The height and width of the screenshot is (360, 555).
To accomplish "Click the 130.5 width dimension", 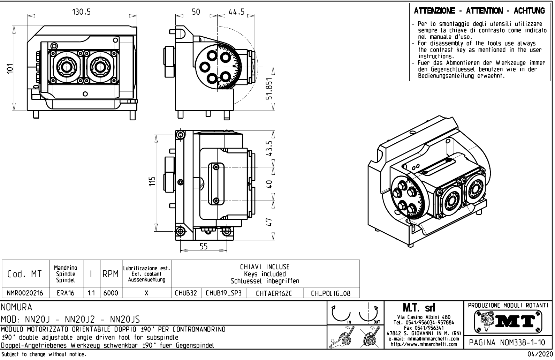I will [x=82, y=12].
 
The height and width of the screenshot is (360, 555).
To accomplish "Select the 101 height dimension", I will [x=12, y=68].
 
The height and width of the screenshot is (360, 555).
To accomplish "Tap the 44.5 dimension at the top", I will [x=236, y=12].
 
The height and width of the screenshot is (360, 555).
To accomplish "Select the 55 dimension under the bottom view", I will [x=204, y=246].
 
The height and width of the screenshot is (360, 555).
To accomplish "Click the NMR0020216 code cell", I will [x=25, y=293].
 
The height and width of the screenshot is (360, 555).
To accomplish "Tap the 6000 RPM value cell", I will [x=111, y=293].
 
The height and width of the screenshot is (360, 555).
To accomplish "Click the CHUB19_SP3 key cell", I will [x=223, y=293].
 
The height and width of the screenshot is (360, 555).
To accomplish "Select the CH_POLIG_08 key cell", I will [x=331, y=293].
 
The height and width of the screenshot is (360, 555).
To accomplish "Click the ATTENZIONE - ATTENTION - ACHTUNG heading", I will [x=479, y=11].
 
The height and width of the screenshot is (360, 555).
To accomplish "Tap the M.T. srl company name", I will [x=423, y=308].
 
